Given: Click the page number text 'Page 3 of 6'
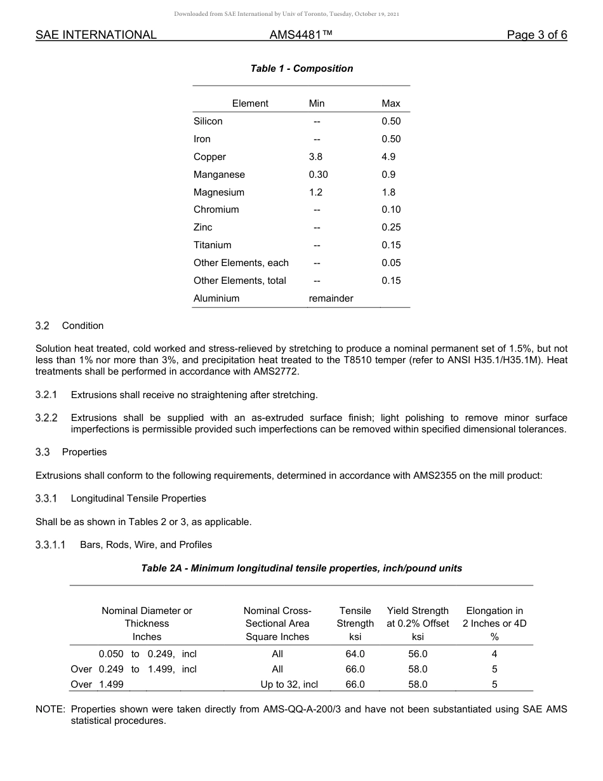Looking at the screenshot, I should point(536,35).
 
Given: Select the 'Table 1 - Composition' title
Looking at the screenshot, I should point(301,69).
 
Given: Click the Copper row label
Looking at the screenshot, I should point(209,157).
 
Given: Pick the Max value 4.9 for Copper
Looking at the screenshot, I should point(388,157).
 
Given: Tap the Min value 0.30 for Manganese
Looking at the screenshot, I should point(318,175).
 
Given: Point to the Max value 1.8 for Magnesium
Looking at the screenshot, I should point(388,192).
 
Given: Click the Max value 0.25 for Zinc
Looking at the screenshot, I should point(391,227).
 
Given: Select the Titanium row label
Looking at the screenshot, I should point(212,245).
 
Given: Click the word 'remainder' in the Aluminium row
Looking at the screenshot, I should point(331,298).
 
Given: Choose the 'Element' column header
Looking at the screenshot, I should point(250,103).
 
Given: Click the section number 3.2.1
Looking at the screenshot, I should point(46,395).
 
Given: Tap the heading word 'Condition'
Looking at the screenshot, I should point(83,326).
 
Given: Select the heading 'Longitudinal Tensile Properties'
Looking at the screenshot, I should point(138,498).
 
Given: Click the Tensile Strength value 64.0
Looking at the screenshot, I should point(355,654).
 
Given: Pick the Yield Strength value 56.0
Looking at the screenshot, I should point(418,654).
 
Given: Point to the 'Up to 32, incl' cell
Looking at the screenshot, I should point(289,684).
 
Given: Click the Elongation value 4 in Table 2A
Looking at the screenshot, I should point(494,654).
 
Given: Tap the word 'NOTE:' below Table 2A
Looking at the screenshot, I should point(50,709).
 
